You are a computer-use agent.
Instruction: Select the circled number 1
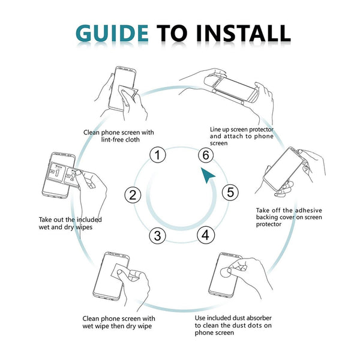coord(157,156)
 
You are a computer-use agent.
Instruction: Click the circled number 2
coord(133,195)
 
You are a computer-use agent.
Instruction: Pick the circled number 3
coord(157,235)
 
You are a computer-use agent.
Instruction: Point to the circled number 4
coord(205,235)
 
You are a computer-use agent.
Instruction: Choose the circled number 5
coord(230,193)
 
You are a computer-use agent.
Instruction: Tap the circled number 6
coord(206,155)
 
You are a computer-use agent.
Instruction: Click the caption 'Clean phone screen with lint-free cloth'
coord(119,136)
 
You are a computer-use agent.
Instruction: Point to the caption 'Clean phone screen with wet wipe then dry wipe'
coord(119,322)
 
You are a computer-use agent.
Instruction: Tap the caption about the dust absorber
coord(233,322)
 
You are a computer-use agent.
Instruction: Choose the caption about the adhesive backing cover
coord(289,217)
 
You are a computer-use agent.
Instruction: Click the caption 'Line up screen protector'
coord(242,136)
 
